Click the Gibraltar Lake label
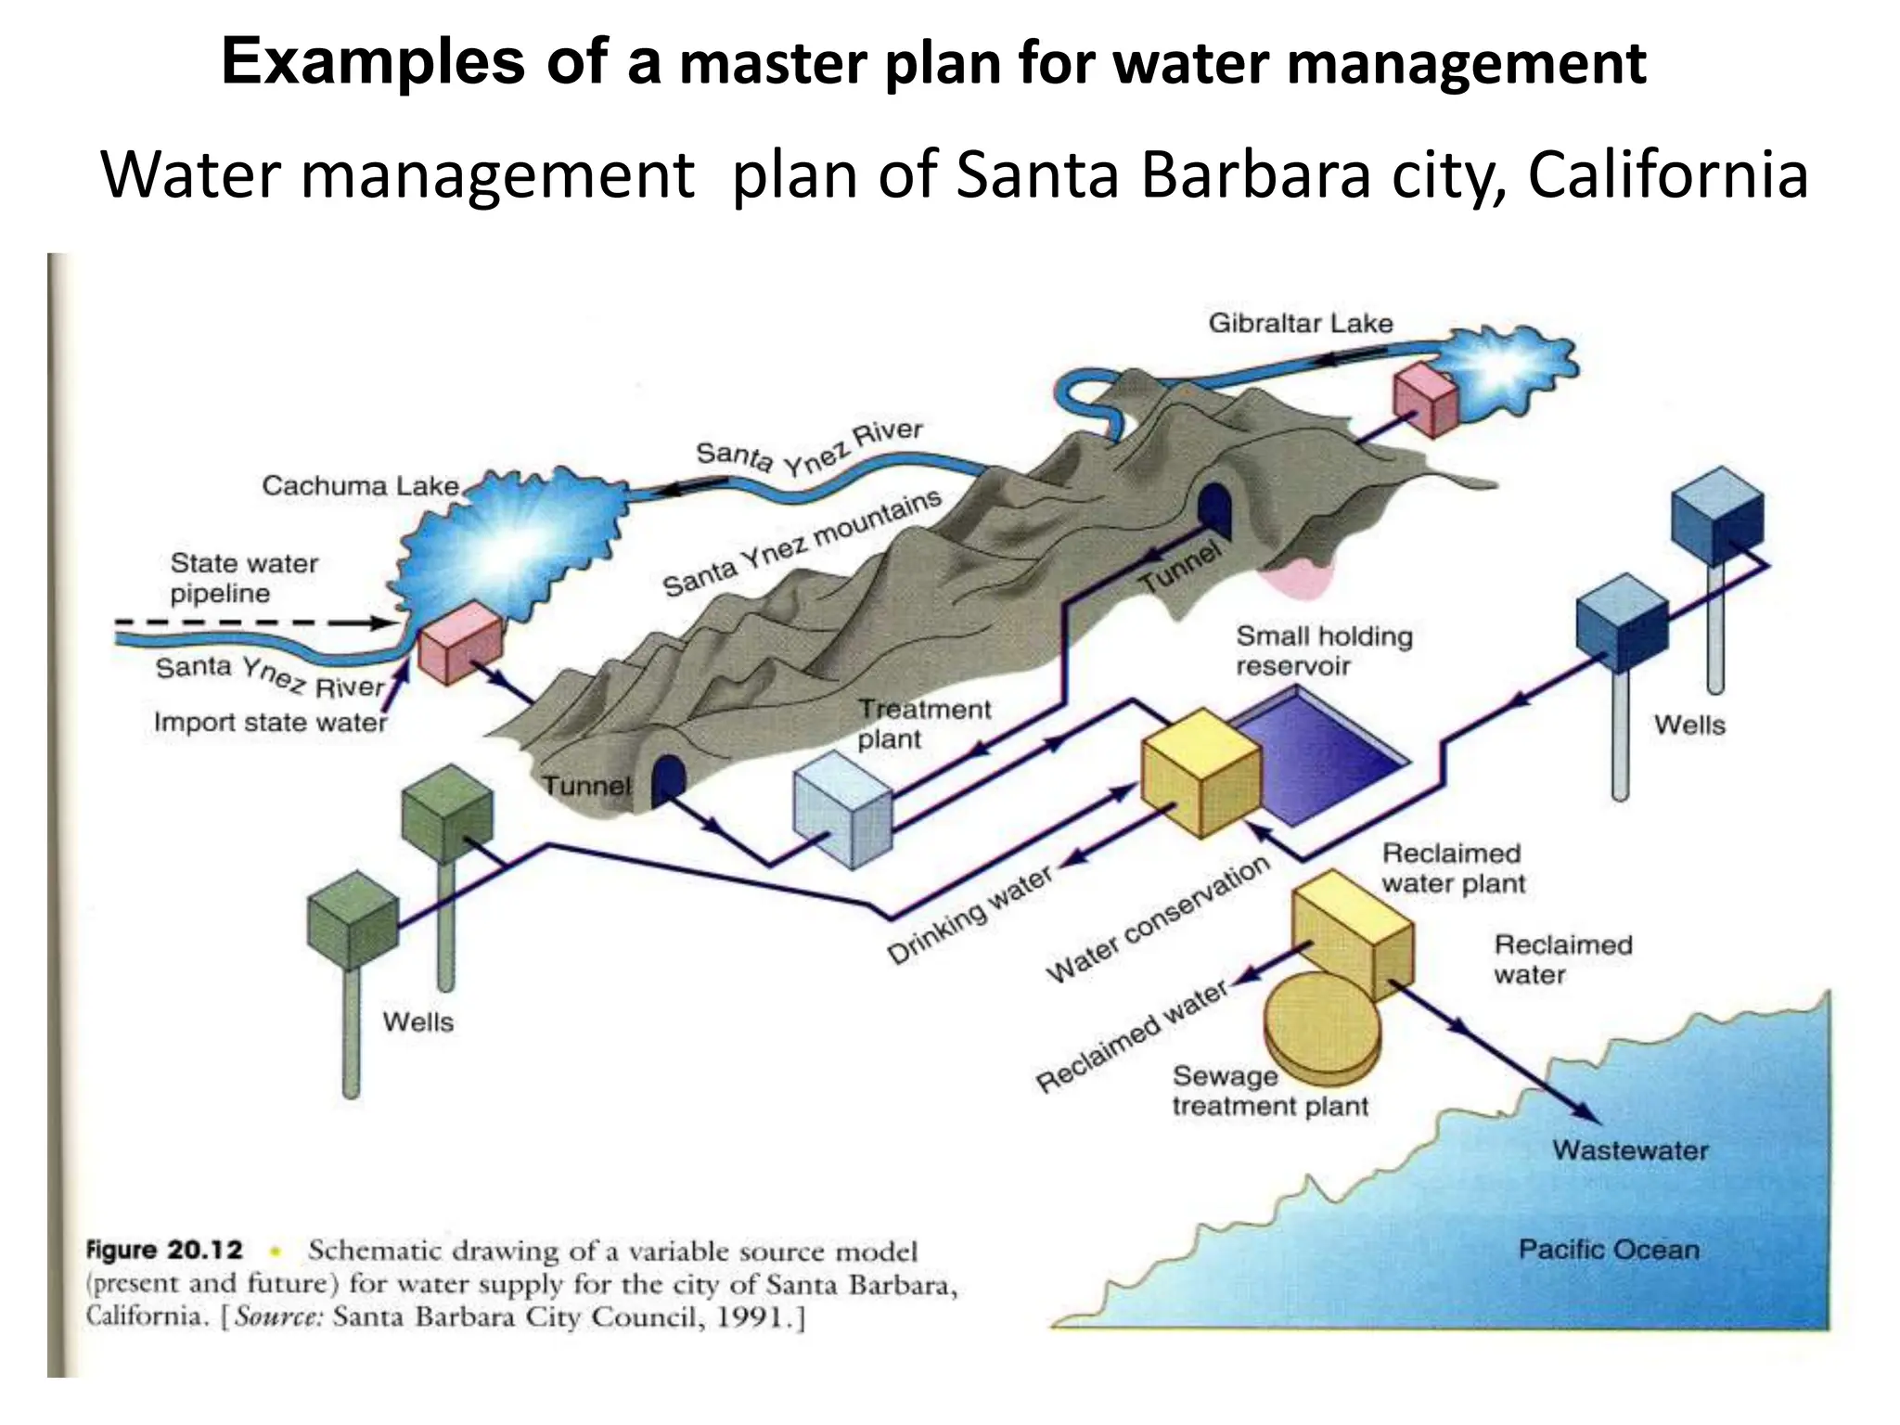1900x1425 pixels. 1300,324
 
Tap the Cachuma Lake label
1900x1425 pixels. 361,485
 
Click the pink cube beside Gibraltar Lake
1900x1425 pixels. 1425,399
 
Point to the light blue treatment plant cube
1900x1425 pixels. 842,808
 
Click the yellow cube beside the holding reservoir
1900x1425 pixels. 1200,772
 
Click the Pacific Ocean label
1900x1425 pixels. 1609,1250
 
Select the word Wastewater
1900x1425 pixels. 1630,1150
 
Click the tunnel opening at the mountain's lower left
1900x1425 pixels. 667,779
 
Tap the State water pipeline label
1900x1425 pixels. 243,578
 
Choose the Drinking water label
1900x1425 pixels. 969,915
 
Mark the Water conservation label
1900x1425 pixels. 1157,918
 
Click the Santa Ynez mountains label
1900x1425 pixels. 802,544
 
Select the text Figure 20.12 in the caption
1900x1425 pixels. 164,1250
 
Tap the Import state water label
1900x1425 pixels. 270,722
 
